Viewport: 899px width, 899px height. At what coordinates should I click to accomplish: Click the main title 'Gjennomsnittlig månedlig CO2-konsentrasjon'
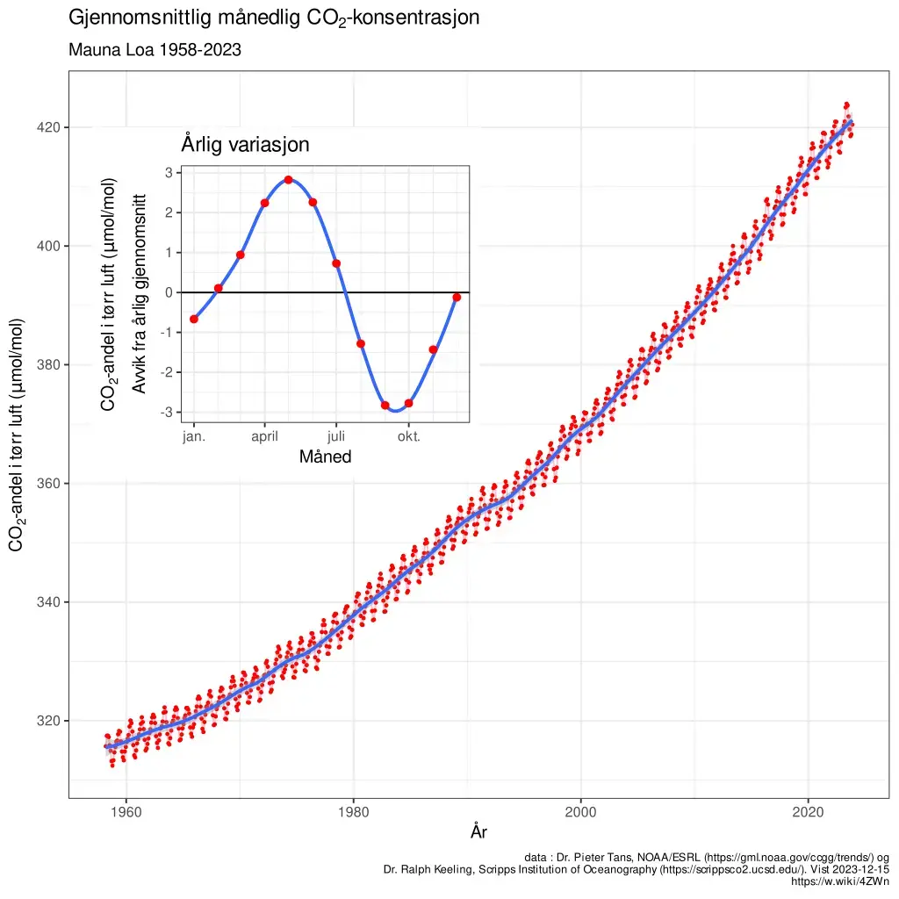click(274, 18)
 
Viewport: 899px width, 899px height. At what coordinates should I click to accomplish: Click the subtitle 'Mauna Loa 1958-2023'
click(155, 51)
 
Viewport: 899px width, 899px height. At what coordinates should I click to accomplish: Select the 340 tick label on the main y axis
click(49, 602)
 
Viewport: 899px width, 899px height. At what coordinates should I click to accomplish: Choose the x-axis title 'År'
click(478, 831)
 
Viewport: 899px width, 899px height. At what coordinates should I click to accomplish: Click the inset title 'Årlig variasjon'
click(245, 145)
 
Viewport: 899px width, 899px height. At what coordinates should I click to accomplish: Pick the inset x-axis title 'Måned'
click(325, 457)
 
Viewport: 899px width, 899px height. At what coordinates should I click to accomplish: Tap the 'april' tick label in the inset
click(265, 436)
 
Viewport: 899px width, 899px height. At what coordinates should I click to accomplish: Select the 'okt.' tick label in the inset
click(409, 436)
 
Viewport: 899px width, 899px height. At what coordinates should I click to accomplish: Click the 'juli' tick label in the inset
click(336, 436)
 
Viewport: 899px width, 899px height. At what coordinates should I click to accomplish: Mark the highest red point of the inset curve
click(288, 180)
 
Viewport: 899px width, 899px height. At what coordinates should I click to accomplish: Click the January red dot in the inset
click(194, 319)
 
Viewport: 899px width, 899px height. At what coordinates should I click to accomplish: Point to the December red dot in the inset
click(457, 298)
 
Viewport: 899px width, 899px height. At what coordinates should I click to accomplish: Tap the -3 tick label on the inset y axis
click(166, 412)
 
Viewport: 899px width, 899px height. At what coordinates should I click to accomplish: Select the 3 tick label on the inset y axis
click(168, 173)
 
